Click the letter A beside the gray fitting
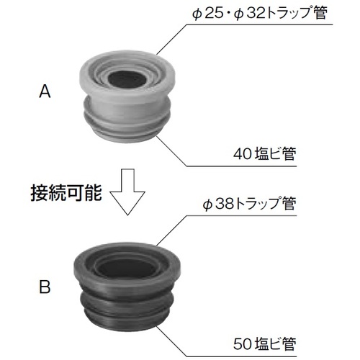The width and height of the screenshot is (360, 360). tap(45, 91)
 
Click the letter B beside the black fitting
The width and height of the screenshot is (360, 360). tap(45, 287)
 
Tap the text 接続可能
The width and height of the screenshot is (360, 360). tap(66, 193)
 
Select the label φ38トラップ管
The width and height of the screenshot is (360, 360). tap(249, 204)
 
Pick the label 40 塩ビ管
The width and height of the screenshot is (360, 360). tap(265, 153)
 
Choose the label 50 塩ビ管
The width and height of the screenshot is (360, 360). tap(265, 343)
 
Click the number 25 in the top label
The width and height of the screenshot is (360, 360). tap(215, 14)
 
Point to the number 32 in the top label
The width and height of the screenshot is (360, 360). tap(256, 14)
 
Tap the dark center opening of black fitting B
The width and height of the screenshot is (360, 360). tap(127, 268)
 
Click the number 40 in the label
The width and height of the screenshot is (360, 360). tap(243, 154)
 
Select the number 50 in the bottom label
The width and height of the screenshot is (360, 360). tap(243, 344)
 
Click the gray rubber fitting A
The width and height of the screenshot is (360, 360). tap(127, 96)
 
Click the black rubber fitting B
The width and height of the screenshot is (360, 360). tap(127, 287)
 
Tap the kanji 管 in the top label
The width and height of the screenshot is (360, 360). tap(320, 13)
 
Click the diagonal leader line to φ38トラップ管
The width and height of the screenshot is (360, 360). tap(171, 231)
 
